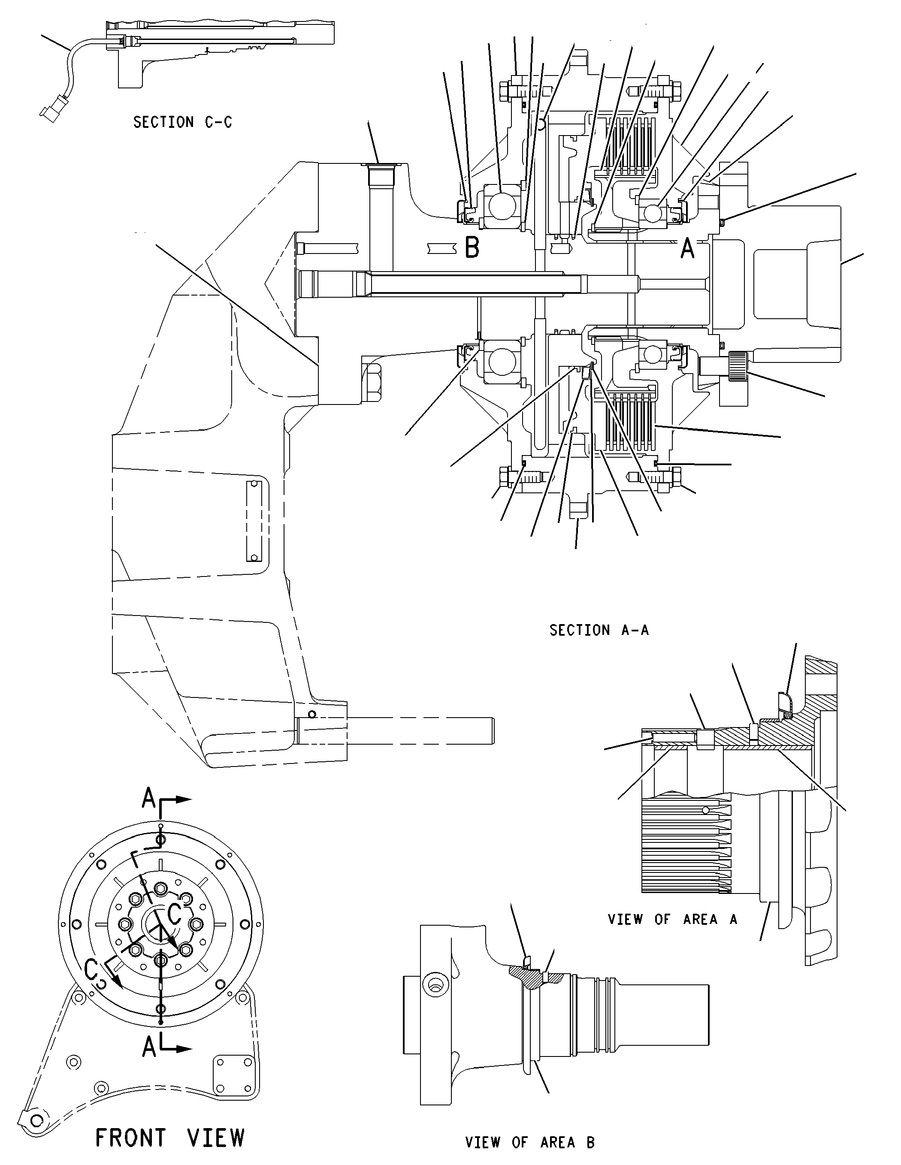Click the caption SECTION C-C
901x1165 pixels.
(182, 122)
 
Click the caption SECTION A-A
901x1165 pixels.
(599, 630)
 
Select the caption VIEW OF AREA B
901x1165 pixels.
(530, 1142)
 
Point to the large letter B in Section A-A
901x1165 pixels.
(472, 247)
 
